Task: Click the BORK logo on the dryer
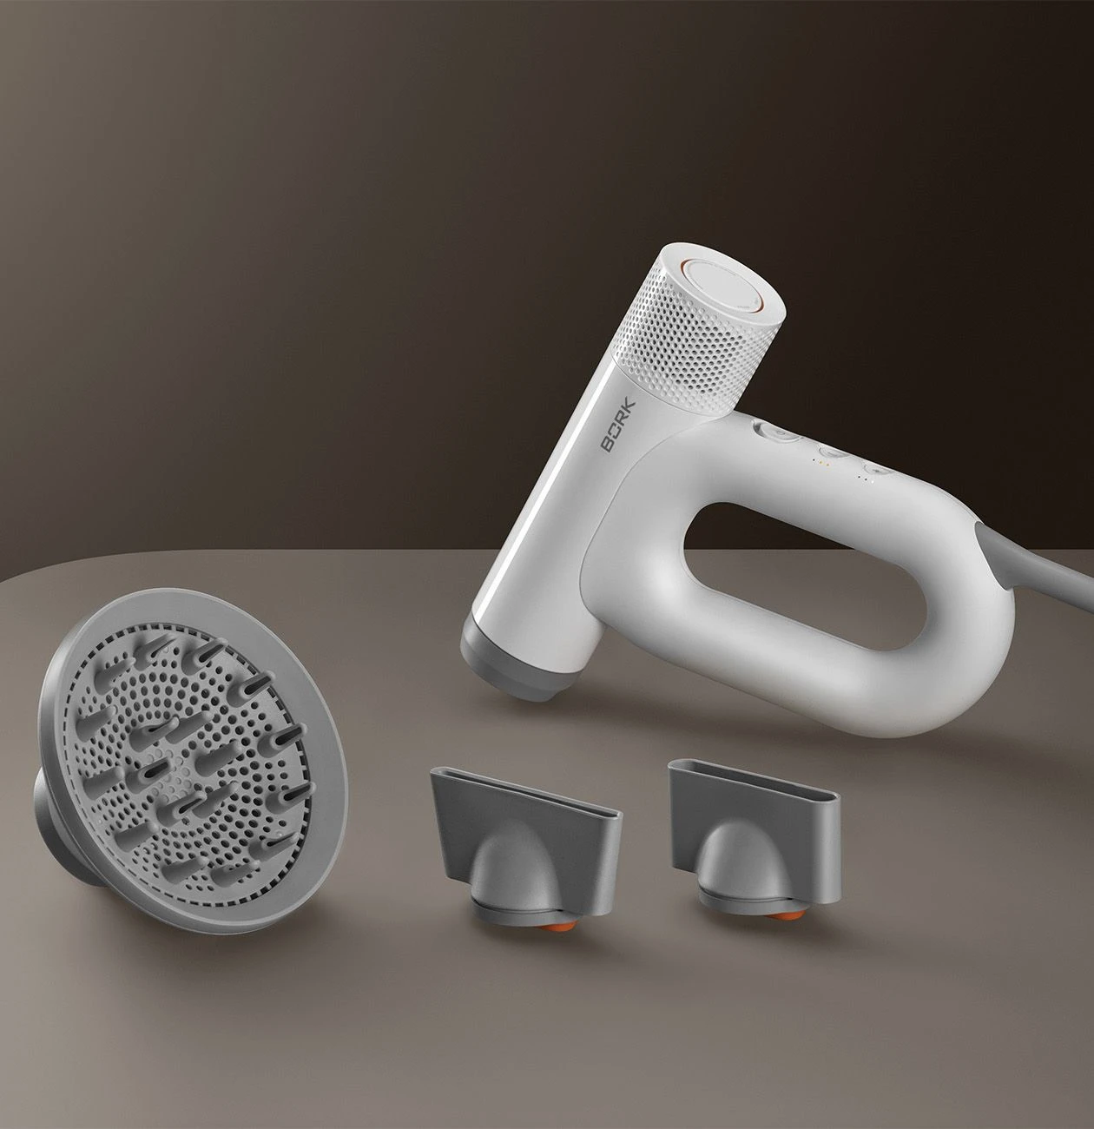click(x=618, y=426)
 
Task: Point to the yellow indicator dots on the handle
click(x=817, y=462)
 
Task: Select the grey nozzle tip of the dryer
click(x=511, y=663)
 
